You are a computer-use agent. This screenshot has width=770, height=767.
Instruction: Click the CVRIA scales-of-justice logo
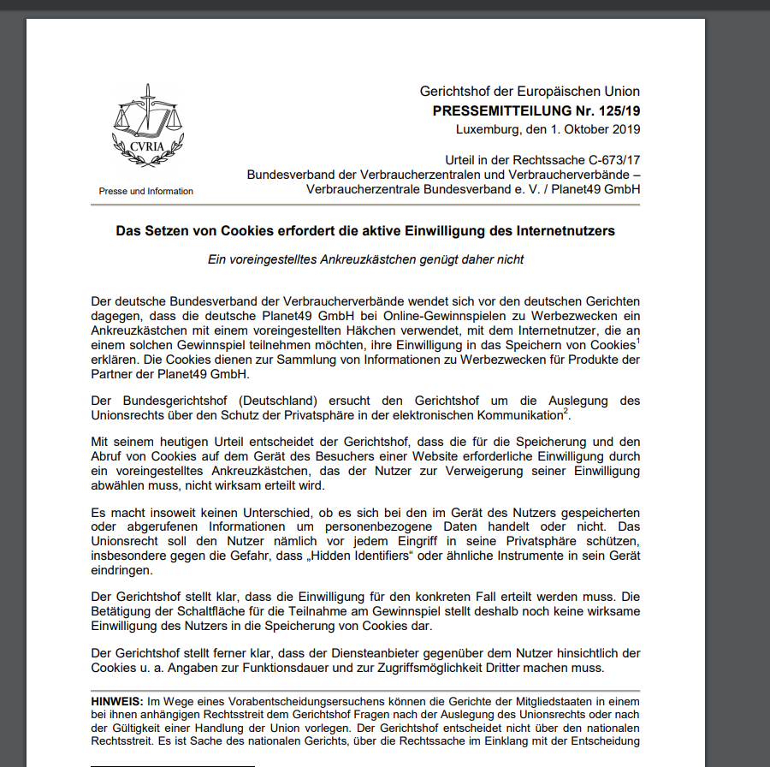coord(146,133)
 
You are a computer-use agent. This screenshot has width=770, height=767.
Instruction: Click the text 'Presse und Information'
coord(146,191)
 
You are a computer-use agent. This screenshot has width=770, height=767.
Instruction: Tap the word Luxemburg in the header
coord(487,129)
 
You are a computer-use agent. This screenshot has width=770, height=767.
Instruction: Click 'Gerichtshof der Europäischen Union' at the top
coord(530,92)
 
